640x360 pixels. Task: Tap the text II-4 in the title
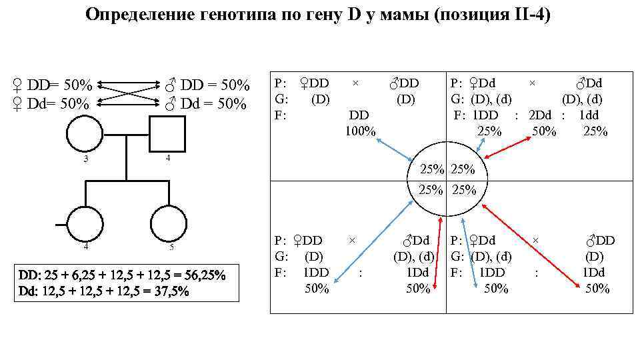[523, 15]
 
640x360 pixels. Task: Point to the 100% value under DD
[360, 131]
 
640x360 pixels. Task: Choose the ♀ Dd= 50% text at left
[51, 104]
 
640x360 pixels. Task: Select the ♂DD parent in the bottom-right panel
[600, 240]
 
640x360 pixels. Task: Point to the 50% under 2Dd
[544, 131]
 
